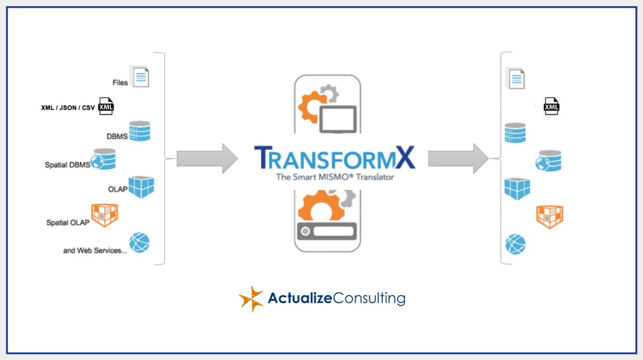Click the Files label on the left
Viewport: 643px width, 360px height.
coord(120,82)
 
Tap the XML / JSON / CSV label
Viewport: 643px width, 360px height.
coord(68,108)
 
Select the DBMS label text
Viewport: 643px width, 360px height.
coord(117,136)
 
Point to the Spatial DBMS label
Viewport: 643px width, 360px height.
coord(68,164)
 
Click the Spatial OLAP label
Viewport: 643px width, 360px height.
coord(68,222)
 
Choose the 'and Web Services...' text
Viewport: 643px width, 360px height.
coord(95,250)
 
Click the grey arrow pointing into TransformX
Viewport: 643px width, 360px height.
coord(207,159)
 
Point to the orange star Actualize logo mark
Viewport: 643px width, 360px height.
coord(251,298)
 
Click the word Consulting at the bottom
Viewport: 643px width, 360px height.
coord(369,298)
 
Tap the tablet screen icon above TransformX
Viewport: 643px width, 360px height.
coord(338,119)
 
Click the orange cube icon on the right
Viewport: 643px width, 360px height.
coord(550,216)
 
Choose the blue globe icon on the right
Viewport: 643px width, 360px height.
coord(515,244)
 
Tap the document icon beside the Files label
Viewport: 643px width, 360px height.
coord(139,76)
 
